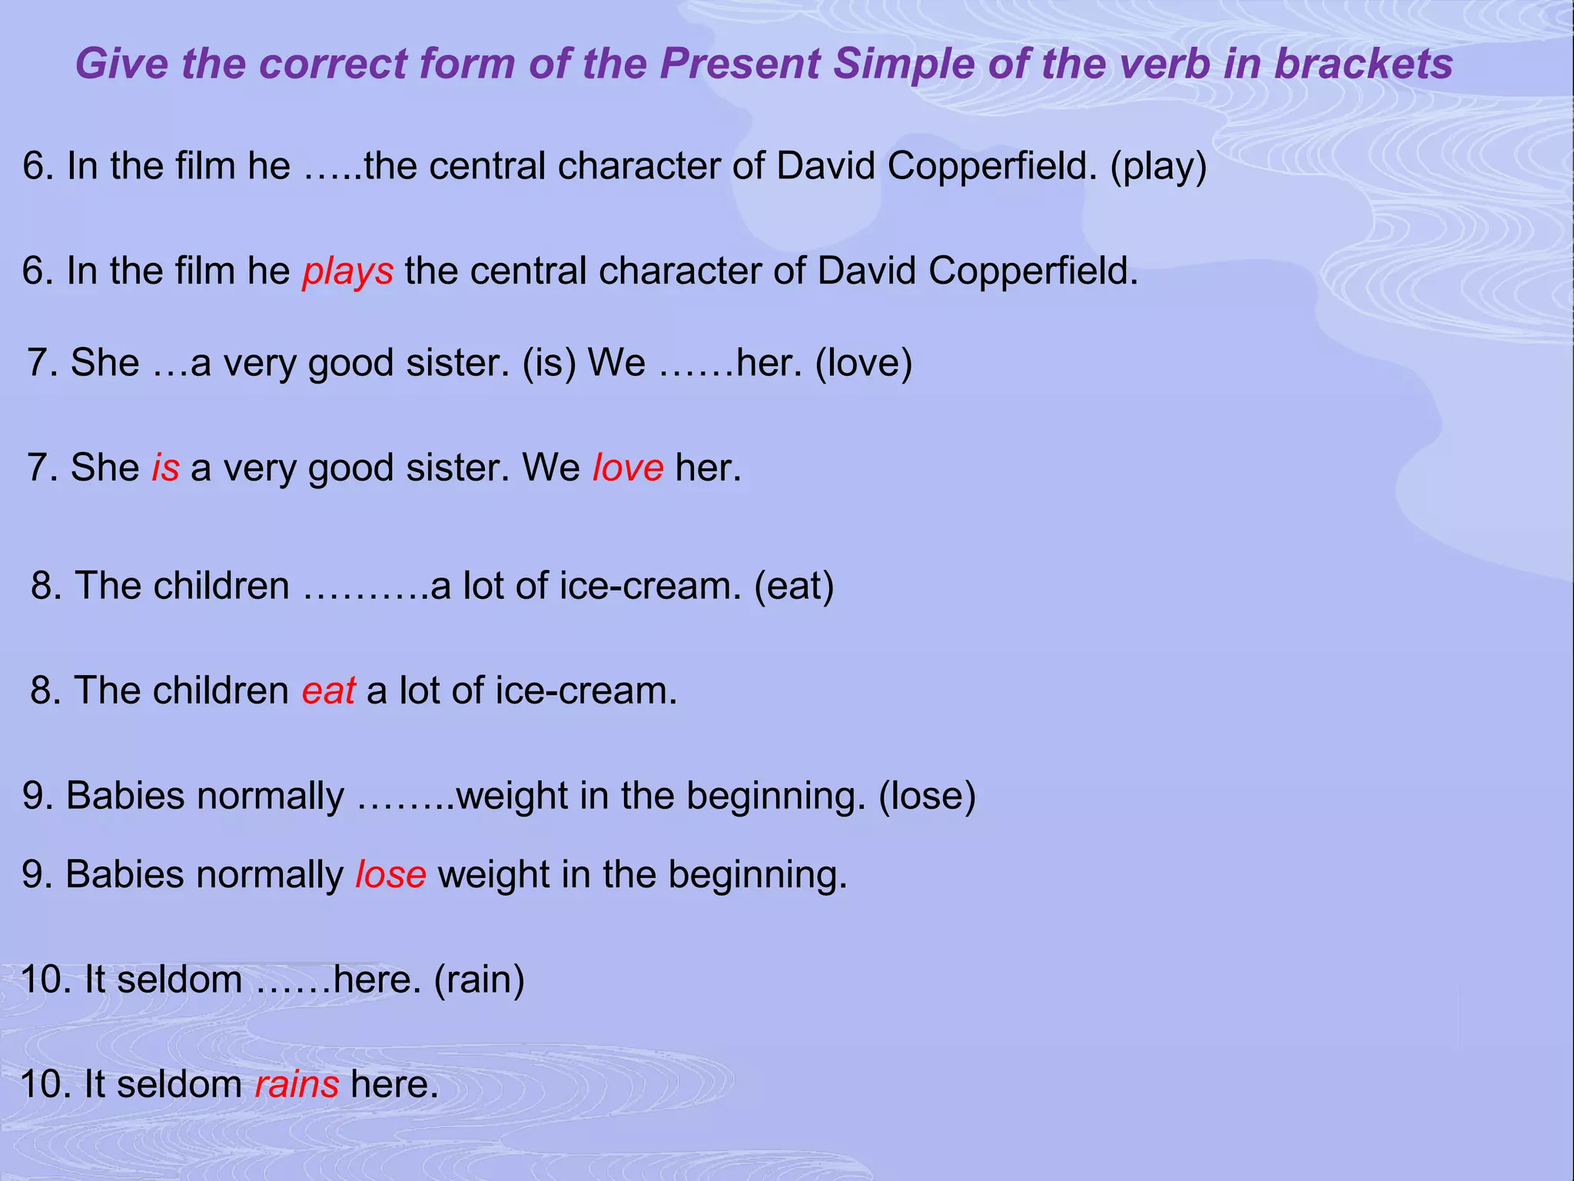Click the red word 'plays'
click(x=347, y=272)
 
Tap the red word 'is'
click(x=165, y=467)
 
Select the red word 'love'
click(x=627, y=467)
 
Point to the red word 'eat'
click(x=328, y=690)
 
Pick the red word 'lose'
click(x=390, y=875)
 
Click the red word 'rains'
click(x=297, y=1085)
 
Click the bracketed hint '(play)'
click(x=1158, y=167)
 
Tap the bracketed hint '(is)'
click(x=549, y=363)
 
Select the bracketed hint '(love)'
click(x=863, y=363)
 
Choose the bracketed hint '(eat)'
click(x=794, y=586)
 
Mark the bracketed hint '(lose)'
click(x=927, y=796)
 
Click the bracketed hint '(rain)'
click(x=480, y=980)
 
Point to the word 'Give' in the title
click(x=121, y=63)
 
